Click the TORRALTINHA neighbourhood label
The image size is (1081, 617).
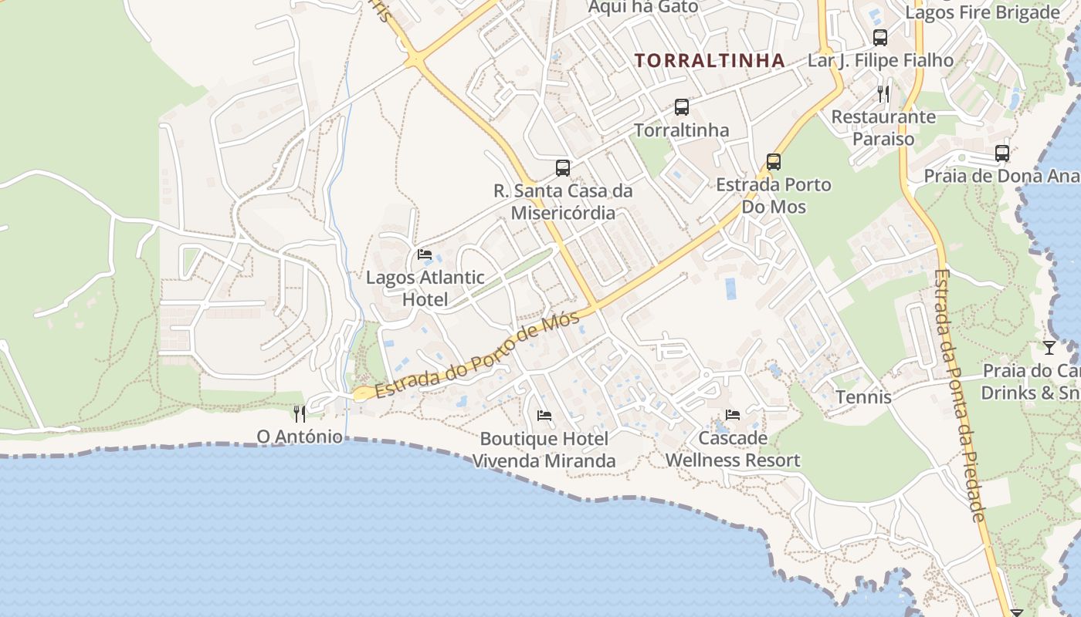(710, 60)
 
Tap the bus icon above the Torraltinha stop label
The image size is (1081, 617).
(681, 107)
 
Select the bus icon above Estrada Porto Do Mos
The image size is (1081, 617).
(774, 162)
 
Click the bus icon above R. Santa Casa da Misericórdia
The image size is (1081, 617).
(563, 168)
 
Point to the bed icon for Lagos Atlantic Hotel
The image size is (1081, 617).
(425, 255)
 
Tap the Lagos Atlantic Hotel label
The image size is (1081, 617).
(425, 288)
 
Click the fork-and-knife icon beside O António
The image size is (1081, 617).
(300, 414)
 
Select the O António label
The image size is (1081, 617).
(300, 437)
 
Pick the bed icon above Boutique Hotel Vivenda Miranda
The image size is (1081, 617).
(544, 416)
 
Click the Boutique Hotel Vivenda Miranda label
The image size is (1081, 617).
(544, 450)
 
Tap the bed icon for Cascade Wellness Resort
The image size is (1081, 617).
(733, 415)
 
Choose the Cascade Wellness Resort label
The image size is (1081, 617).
(733, 449)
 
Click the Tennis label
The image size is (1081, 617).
(864, 397)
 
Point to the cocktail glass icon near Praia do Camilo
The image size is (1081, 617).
(1049, 348)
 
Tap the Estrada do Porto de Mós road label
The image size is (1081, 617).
(477, 356)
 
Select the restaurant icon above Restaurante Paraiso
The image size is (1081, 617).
(883, 94)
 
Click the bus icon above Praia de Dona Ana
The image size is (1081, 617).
(1002, 153)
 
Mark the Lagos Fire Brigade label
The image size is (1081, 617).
(982, 12)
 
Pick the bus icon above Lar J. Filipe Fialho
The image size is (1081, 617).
(880, 37)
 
